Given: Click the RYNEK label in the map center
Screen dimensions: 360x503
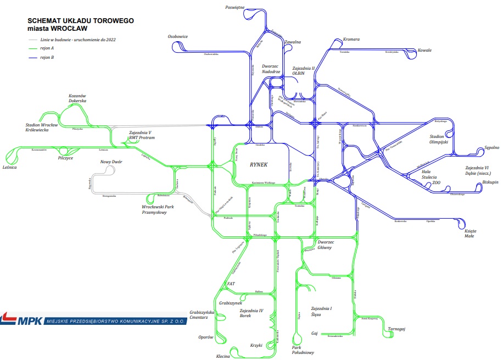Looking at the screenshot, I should (x=258, y=164).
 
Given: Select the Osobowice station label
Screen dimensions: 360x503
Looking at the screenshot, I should (x=178, y=36).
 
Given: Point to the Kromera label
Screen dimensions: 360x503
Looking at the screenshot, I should (x=351, y=40).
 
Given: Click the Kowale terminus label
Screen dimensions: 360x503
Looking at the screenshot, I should (x=424, y=51).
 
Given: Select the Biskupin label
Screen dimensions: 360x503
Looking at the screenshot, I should (x=490, y=182).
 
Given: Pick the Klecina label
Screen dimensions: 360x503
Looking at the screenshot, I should (x=223, y=356).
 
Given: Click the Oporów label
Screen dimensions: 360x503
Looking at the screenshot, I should (x=205, y=337).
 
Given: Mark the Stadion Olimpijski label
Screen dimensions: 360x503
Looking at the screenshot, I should (x=439, y=139).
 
